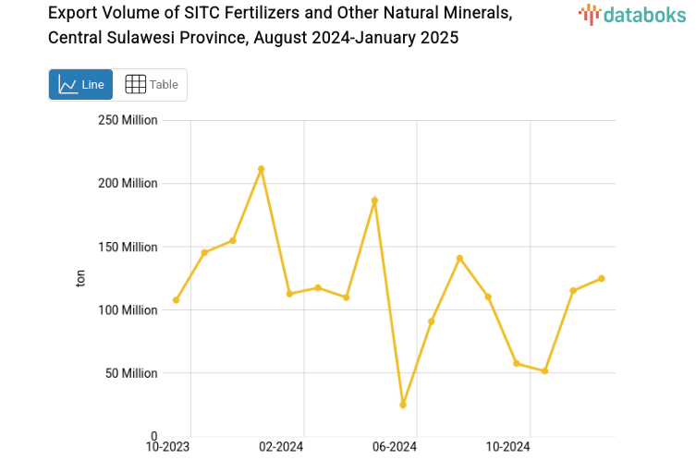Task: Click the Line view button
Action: (x=80, y=84)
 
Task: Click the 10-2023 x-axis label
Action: (x=168, y=447)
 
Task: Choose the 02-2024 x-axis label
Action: (x=281, y=447)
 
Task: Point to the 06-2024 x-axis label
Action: (x=394, y=447)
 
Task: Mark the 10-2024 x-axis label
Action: (x=507, y=447)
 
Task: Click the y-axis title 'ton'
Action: (x=81, y=278)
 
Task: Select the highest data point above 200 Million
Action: (x=262, y=169)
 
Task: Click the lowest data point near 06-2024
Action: (x=403, y=405)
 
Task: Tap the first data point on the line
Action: (x=176, y=300)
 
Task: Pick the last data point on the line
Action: (x=602, y=278)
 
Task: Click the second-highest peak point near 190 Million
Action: (x=374, y=200)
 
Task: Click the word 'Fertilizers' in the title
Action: (x=258, y=14)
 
